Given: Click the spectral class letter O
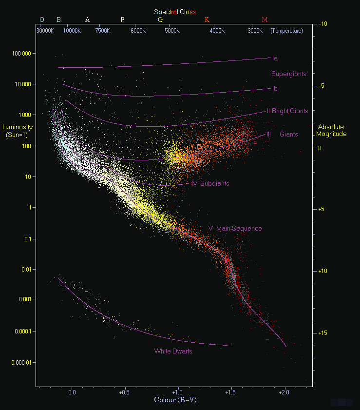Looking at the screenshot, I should [x=41, y=20].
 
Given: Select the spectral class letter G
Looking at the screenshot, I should [x=160, y=20].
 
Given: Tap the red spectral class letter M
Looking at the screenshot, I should [x=265, y=20].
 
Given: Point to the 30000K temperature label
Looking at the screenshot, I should [x=45, y=31].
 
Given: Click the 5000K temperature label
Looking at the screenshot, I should [x=171, y=31].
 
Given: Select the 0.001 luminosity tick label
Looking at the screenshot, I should [x=22, y=299].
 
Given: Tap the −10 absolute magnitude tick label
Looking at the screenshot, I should [x=322, y=23].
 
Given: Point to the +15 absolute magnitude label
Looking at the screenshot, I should [x=322, y=333].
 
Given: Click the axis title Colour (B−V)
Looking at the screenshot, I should [x=175, y=400].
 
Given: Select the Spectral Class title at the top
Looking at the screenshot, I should [x=175, y=12].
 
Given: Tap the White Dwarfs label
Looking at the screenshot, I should [x=173, y=351].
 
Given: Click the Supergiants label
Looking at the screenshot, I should [x=289, y=74].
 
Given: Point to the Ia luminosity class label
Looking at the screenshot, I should [x=275, y=59].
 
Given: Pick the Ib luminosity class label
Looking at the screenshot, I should [x=275, y=89].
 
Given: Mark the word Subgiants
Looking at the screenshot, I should [x=214, y=184].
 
